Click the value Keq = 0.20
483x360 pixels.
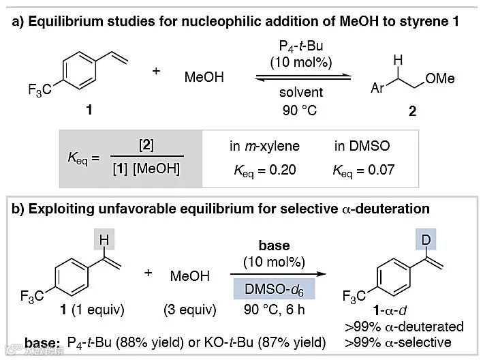coord(261,170)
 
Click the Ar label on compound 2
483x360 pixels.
coord(378,89)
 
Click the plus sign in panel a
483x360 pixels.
coord(157,71)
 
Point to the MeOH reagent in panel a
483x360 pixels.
coord(204,78)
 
